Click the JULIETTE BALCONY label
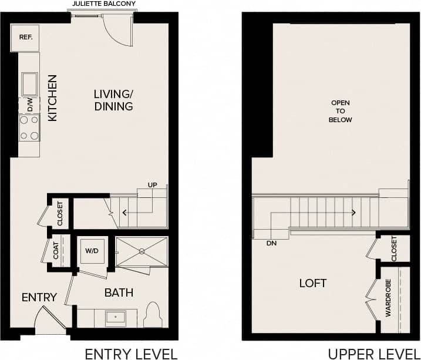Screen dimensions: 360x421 tap(103, 4)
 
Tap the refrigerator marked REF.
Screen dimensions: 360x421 tap(25, 38)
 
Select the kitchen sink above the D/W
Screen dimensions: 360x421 tap(29, 84)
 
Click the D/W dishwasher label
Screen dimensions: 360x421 tap(29, 105)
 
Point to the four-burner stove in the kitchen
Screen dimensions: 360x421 tap(29, 127)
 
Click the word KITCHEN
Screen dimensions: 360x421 tap(52, 98)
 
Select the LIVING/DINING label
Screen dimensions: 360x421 tap(113, 100)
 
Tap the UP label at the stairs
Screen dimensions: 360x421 tap(152, 185)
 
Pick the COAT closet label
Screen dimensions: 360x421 tap(56, 252)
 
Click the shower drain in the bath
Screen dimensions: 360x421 tap(142, 251)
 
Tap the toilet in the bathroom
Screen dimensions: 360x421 tap(153, 315)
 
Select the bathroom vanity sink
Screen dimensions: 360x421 tap(115, 318)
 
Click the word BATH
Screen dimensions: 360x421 tap(119, 292)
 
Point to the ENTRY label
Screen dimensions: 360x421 tap(39, 297)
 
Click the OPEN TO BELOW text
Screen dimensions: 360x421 tap(341, 111)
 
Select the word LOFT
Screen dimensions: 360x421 tap(312, 283)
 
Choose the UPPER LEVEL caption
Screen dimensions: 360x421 tap(373, 353)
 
